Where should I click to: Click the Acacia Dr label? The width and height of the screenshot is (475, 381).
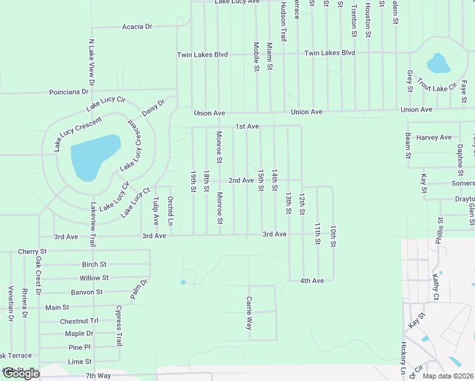(137, 27)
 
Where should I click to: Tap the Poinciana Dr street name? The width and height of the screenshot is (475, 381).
(69, 92)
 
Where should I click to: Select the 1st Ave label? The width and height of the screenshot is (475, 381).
(247, 126)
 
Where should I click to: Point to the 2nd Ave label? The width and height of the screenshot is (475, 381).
(241, 180)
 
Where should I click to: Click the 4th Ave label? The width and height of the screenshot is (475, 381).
(312, 280)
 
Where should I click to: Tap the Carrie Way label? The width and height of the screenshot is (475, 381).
(249, 313)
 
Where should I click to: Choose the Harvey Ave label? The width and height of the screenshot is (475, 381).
(434, 137)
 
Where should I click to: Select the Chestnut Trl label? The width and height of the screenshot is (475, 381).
(79, 322)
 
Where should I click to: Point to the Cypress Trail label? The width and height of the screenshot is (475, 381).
(118, 326)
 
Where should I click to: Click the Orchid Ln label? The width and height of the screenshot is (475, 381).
(170, 211)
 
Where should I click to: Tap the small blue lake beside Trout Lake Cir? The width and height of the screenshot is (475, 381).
(438, 63)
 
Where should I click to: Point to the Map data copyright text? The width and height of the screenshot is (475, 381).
(448, 376)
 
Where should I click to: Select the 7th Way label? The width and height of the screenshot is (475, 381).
(98, 376)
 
